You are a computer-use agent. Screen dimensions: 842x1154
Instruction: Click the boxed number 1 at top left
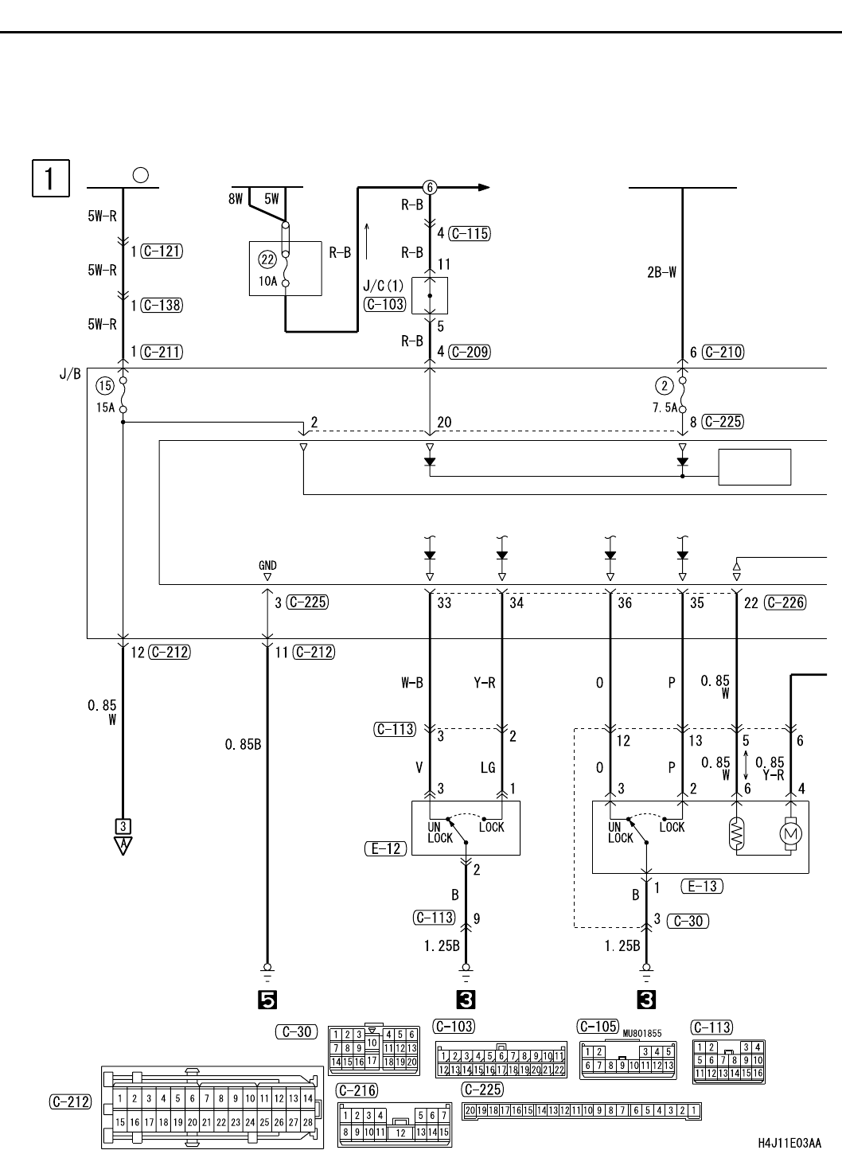coord(50,178)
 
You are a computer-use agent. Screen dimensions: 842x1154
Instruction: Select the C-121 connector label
coord(162,251)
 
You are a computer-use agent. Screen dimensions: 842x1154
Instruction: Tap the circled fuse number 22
coord(267,259)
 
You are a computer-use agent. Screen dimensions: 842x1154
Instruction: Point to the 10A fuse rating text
coord(268,281)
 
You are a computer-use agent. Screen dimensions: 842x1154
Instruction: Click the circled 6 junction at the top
coord(430,188)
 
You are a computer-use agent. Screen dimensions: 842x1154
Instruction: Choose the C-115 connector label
coord(470,233)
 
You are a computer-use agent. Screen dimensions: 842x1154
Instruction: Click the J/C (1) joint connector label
coord(384,286)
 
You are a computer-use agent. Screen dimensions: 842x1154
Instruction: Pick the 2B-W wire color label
coord(661,272)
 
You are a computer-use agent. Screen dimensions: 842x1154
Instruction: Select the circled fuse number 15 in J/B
coord(105,385)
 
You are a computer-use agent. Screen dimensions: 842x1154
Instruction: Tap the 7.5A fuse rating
coord(665,407)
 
